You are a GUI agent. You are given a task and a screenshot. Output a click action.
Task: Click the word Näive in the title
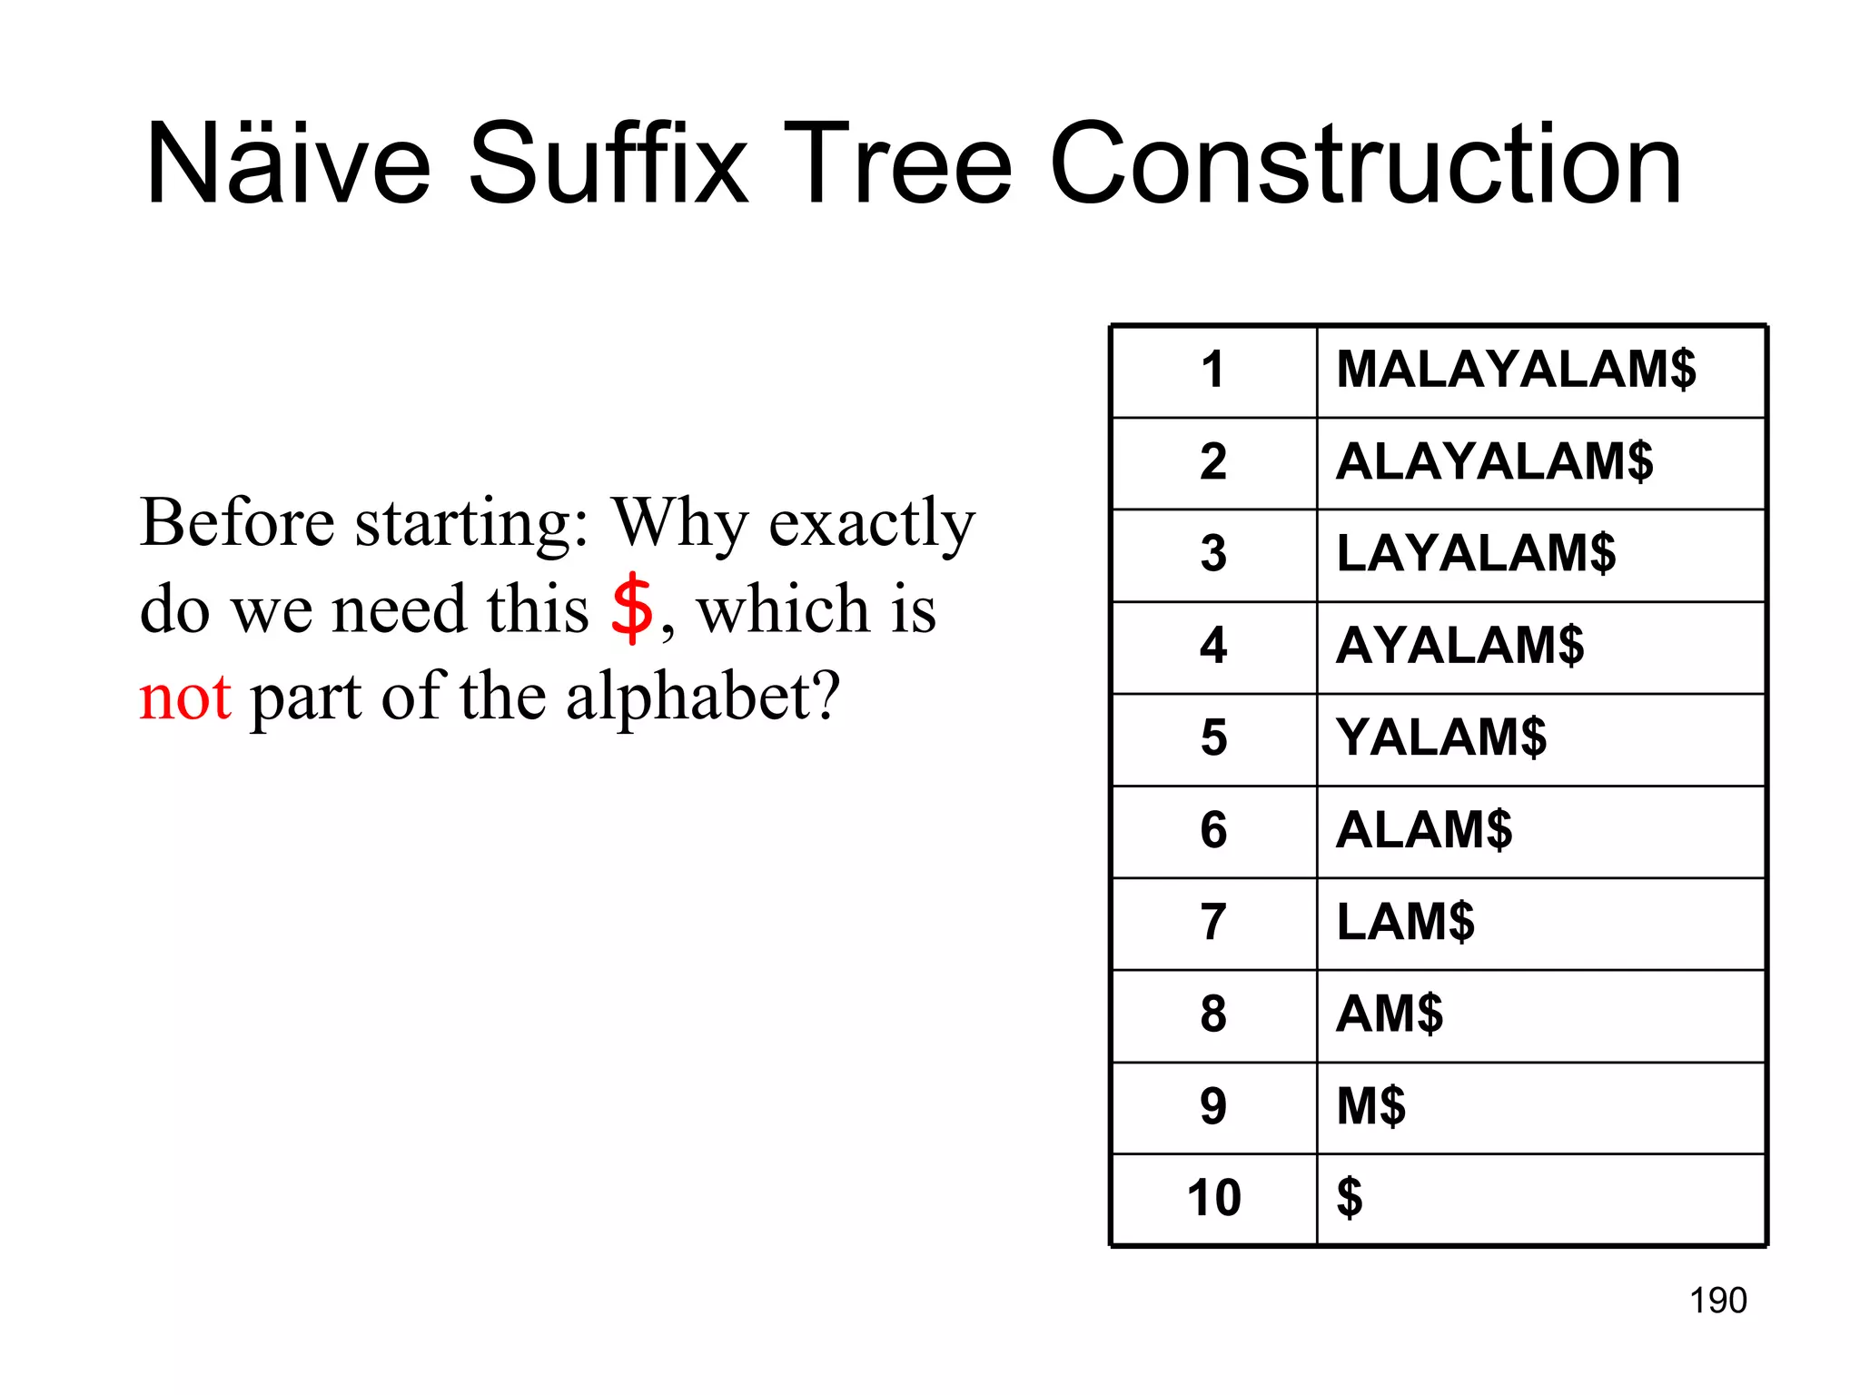pos(288,164)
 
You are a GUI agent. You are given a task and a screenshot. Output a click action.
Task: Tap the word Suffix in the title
pos(608,164)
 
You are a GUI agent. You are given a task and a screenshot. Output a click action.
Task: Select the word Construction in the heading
pos(1365,164)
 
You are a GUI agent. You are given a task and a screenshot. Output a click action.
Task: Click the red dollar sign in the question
pos(631,608)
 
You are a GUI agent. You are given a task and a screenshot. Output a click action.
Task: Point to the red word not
pos(185,697)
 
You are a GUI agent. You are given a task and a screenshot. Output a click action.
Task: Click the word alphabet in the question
pos(703,697)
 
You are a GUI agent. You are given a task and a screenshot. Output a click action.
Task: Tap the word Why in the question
pos(679,524)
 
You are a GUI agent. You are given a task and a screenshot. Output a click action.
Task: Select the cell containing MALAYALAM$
pos(1515,370)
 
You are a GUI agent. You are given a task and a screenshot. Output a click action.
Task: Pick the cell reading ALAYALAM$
pos(1494,461)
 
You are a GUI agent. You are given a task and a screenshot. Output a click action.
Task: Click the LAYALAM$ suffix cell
pos(1476,553)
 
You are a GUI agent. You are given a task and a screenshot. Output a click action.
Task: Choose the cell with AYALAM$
pos(1459,646)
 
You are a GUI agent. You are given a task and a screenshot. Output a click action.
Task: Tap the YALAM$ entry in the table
pos(1441,737)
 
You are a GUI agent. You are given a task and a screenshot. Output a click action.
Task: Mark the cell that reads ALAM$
pos(1424,830)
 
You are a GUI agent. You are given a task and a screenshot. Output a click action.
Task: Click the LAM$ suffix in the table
pos(1405,922)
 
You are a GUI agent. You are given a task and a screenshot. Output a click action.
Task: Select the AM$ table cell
pos(1390,1014)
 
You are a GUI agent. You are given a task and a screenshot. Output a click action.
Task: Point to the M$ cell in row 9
pos(1370,1106)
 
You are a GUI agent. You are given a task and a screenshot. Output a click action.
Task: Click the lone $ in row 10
pos(1350,1198)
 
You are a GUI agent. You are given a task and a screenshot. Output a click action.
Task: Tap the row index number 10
pos(1213,1198)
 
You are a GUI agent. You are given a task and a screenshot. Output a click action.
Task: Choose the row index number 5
pos(1213,737)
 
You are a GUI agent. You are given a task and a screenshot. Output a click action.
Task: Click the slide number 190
pos(1717,1301)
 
